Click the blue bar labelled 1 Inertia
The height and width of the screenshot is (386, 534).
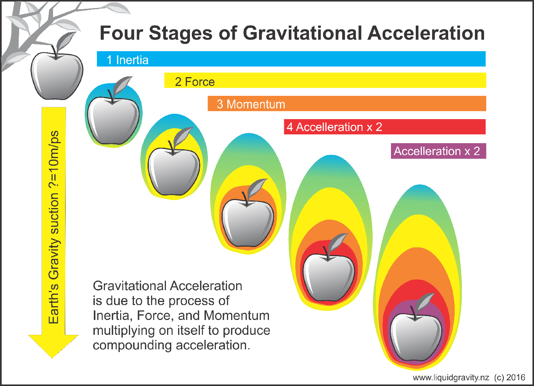pyautogui.click(x=291, y=59)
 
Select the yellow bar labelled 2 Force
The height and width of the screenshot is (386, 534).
pyautogui.click(x=325, y=80)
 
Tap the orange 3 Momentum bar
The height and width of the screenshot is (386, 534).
pyautogui.click(x=347, y=103)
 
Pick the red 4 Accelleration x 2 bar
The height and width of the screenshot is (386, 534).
pyautogui.click(x=385, y=127)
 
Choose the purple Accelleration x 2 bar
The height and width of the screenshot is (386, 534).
pyautogui.click(x=438, y=151)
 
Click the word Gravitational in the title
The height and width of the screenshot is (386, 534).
pyautogui.click(x=302, y=33)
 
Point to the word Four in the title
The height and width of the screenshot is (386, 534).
pyautogui.click(x=121, y=33)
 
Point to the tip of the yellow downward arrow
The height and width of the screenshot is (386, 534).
pyautogui.click(x=52, y=358)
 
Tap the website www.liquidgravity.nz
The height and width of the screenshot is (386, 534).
pyautogui.click(x=451, y=378)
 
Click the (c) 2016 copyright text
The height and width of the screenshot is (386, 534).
pyautogui.click(x=510, y=377)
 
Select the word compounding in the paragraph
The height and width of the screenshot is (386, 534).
pyautogui.click(x=132, y=346)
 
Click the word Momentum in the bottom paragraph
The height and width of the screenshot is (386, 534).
pyautogui.click(x=237, y=316)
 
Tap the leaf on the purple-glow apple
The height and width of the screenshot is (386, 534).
pyautogui.click(x=426, y=301)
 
